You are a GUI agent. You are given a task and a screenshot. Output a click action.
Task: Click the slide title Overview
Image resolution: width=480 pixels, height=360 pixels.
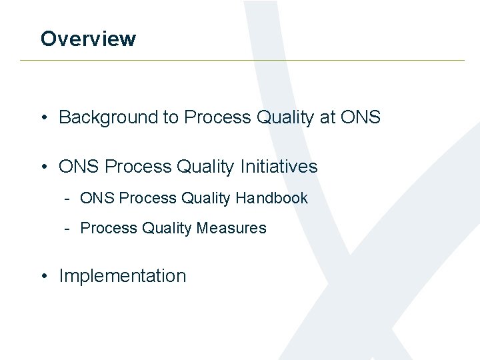tap(88, 39)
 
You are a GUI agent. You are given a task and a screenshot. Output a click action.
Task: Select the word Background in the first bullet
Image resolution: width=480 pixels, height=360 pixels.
tap(108, 117)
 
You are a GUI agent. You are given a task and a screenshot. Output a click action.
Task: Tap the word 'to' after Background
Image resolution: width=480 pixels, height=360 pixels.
tap(171, 117)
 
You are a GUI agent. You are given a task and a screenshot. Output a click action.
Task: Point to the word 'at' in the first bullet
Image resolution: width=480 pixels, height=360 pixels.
tap(327, 117)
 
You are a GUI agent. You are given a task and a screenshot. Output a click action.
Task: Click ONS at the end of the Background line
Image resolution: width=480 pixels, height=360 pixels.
tap(360, 117)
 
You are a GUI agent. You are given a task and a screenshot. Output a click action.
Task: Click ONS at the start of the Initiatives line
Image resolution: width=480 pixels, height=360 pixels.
tap(79, 166)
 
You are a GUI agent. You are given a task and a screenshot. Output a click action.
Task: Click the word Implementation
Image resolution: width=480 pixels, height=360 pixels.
tap(123, 276)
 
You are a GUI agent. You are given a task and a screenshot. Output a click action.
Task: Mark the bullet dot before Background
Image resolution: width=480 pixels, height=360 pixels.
tap(43, 118)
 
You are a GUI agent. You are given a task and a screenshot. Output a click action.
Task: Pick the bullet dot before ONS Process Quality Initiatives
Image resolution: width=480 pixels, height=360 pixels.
tap(43, 167)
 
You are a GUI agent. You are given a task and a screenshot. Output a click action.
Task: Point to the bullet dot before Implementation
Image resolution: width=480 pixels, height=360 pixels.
tap(43, 277)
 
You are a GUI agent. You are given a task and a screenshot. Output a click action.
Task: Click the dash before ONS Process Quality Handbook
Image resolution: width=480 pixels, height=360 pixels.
tap(68, 199)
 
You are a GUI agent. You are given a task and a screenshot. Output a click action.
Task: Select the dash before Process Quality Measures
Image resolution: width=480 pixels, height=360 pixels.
tap(68, 229)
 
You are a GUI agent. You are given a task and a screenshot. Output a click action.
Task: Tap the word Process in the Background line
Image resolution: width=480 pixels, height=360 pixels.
tap(217, 117)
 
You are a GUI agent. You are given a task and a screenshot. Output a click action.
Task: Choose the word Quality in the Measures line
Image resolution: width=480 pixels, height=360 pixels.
tap(167, 228)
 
